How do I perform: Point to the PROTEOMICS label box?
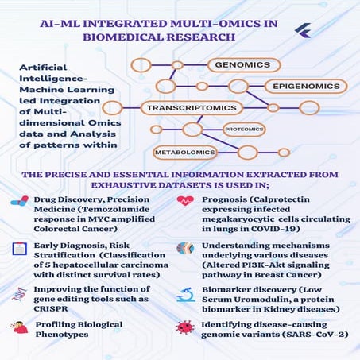pyautogui.click(x=243, y=128)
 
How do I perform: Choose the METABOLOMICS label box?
pyautogui.click(x=184, y=151)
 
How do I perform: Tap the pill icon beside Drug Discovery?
pyautogui.click(x=18, y=202)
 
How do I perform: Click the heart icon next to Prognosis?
pyautogui.click(x=185, y=202)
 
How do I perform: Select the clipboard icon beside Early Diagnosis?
pyautogui.click(x=18, y=249)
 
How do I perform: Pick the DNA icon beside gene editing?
pyautogui.click(x=17, y=294)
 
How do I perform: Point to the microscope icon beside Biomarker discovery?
pyautogui.click(x=185, y=294)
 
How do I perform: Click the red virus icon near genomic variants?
pyautogui.click(x=185, y=327)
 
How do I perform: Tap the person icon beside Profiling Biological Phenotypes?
pyautogui.click(x=17, y=327)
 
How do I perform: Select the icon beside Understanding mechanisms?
pyautogui.click(x=185, y=248)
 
